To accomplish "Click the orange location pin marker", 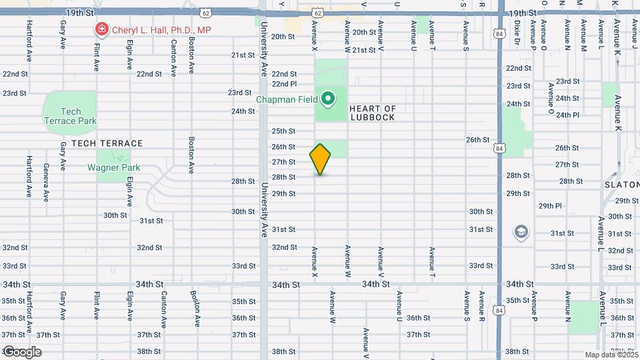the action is [321, 159].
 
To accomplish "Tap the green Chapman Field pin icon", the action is [328, 99].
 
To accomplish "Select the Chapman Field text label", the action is [287, 100].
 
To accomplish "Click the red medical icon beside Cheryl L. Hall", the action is [101, 29].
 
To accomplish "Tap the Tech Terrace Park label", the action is [70, 116].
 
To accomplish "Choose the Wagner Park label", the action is [114, 167].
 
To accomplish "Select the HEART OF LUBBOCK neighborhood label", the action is [373, 113].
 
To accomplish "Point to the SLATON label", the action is [621, 184].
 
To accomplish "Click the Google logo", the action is [22, 352].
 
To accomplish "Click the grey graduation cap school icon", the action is [520, 232].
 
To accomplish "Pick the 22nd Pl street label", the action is [284, 84].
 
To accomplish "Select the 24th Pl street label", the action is [567, 115].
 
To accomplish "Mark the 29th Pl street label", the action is [551, 205].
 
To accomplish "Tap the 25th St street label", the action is [283, 131].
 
